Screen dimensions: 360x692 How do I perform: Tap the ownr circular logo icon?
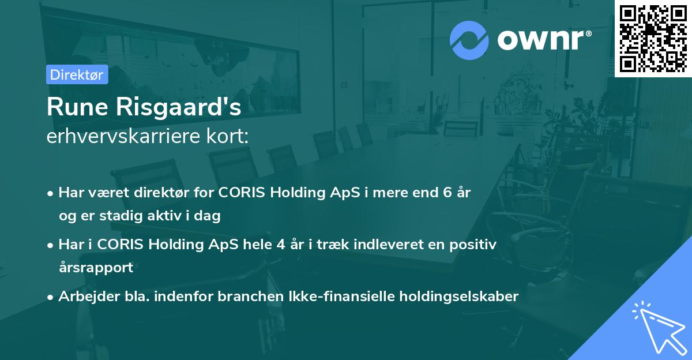[469, 40]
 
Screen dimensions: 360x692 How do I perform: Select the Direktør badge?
[77, 74]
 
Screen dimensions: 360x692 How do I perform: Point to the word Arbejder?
[84, 297]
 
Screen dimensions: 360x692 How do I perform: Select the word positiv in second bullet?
[474, 245]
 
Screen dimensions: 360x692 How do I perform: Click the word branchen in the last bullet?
[251, 297]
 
